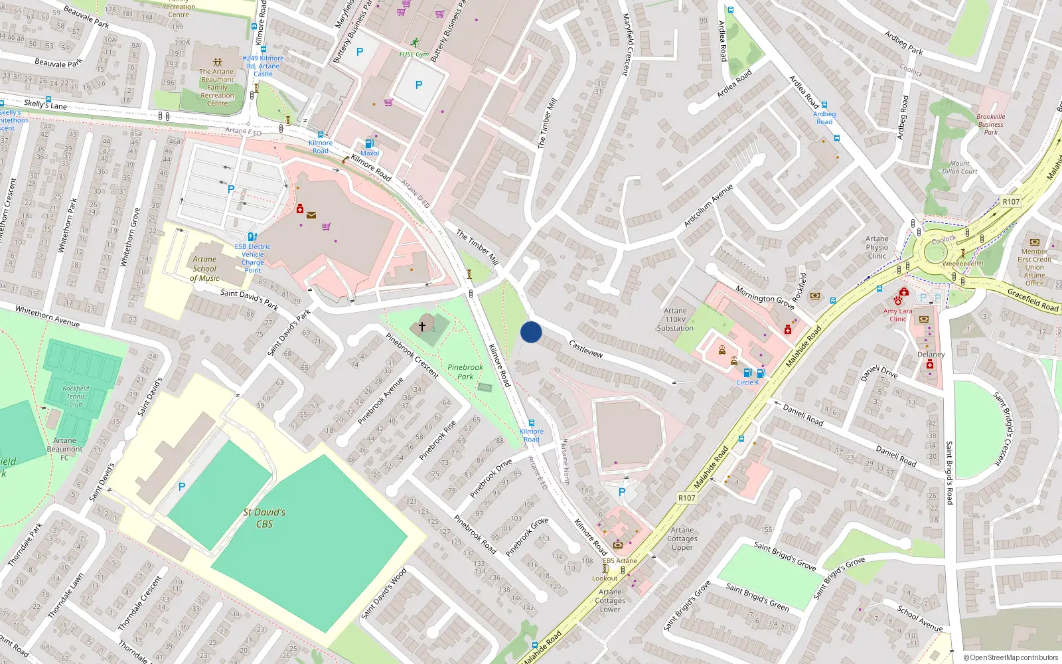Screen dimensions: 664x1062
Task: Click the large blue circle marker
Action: click(x=531, y=332)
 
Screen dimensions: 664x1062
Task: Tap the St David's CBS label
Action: click(x=264, y=518)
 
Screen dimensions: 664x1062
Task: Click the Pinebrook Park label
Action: click(x=465, y=372)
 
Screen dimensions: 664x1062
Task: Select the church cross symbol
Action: click(x=421, y=326)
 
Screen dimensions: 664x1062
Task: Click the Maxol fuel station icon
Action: click(x=370, y=143)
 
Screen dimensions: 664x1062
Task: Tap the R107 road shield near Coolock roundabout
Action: click(x=1011, y=202)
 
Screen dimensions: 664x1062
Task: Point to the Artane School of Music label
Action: click(x=204, y=269)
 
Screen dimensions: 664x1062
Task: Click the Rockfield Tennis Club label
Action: click(x=76, y=396)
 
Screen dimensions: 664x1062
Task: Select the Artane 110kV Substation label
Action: click(x=675, y=319)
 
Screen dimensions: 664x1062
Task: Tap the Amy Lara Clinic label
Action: click(x=897, y=315)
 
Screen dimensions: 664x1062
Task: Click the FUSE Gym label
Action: click(x=414, y=54)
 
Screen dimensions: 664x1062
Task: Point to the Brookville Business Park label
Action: click(x=990, y=124)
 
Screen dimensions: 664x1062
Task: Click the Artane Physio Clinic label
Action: click(x=877, y=247)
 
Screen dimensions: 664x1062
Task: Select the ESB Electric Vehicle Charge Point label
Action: click(x=252, y=258)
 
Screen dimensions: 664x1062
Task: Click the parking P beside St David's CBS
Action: click(x=182, y=487)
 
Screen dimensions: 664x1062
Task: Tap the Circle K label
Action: click(x=747, y=382)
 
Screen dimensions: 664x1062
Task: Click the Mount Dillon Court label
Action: click(x=960, y=167)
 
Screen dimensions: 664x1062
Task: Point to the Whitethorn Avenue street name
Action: click(x=47, y=316)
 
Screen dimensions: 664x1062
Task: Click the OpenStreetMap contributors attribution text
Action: click(x=1010, y=658)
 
